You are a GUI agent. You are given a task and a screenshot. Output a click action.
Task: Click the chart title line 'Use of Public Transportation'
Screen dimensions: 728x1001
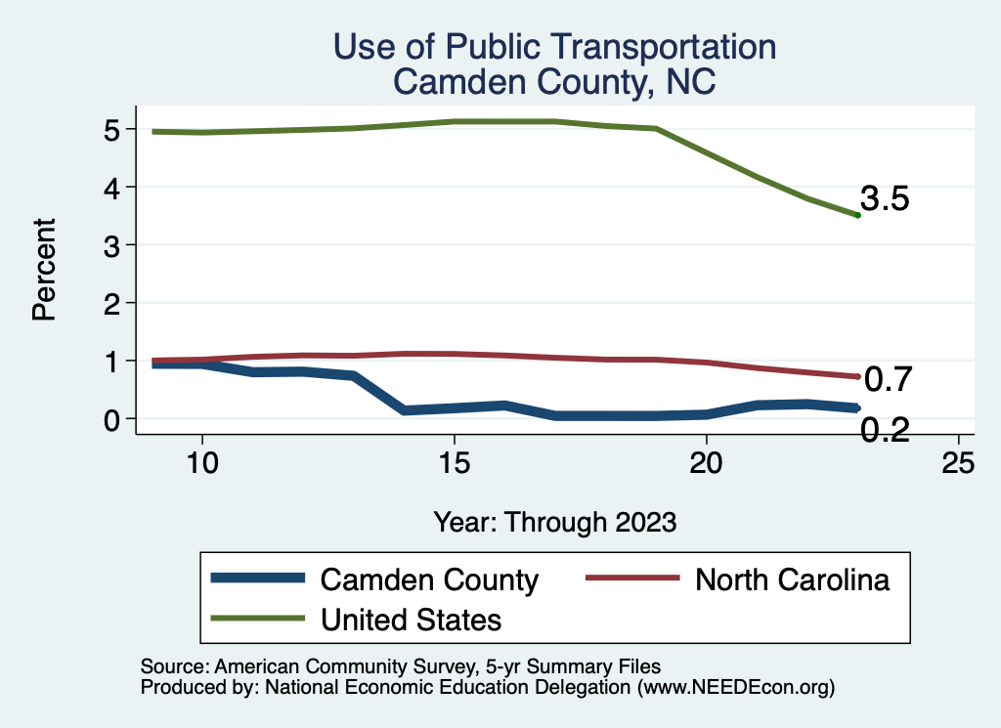click(x=554, y=47)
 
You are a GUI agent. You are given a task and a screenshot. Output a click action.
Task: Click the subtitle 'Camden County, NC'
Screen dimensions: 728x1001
click(x=554, y=82)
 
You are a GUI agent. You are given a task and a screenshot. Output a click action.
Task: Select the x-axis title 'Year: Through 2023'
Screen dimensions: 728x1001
click(x=554, y=522)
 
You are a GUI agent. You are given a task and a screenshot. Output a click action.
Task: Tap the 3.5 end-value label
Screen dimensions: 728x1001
click(x=885, y=199)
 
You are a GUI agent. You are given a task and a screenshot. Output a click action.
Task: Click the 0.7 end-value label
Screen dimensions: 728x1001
click(x=889, y=378)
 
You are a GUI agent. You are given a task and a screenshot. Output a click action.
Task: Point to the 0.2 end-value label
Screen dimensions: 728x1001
click(x=885, y=429)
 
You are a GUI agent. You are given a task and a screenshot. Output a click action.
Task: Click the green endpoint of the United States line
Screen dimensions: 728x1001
click(x=857, y=215)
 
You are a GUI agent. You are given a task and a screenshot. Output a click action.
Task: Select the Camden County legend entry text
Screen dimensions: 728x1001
click(x=429, y=580)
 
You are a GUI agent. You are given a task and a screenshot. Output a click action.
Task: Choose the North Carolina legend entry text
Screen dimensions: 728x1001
click(x=792, y=579)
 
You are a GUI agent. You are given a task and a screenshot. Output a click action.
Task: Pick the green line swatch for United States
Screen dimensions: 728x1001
click(x=257, y=619)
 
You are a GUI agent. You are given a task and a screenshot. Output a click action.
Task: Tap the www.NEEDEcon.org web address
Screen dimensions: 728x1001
click(x=735, y=688)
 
